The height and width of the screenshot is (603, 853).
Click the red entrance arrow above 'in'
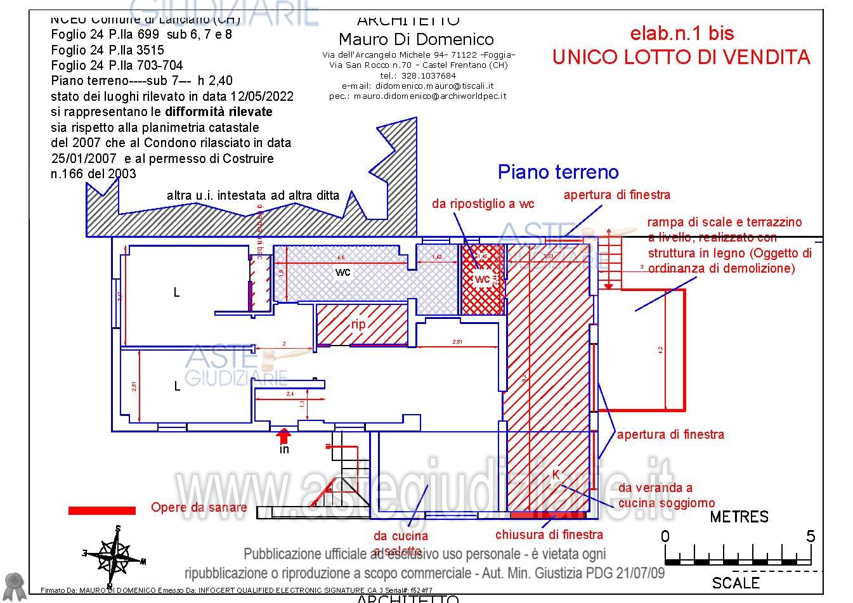(283, 436)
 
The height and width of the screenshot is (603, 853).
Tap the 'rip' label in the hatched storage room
(358, 325)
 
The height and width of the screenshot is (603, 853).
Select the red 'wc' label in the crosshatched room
(483, 279)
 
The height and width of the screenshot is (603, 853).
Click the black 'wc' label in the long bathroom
(343, 272)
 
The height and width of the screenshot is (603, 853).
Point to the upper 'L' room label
(177, 292)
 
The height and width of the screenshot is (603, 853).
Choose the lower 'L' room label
(177, 386)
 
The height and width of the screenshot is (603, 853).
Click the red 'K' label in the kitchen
(556, 474)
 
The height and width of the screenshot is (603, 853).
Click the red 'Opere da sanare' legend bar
(102, 510)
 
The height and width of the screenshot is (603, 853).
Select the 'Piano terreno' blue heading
(558, 172)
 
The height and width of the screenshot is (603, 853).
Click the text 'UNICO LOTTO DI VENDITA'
(681, 57)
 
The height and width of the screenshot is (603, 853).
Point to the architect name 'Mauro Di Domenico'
(416, 40)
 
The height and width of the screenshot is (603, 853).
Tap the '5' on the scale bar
(811, 536)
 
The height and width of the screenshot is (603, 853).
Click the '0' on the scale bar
(665, 536)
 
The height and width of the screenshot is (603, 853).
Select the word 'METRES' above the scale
(739, 517)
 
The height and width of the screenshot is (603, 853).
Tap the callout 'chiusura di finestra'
(549, 535)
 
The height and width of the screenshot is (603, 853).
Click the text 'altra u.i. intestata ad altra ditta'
(253, 196)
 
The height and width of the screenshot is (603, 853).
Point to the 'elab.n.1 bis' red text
(682, 33)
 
